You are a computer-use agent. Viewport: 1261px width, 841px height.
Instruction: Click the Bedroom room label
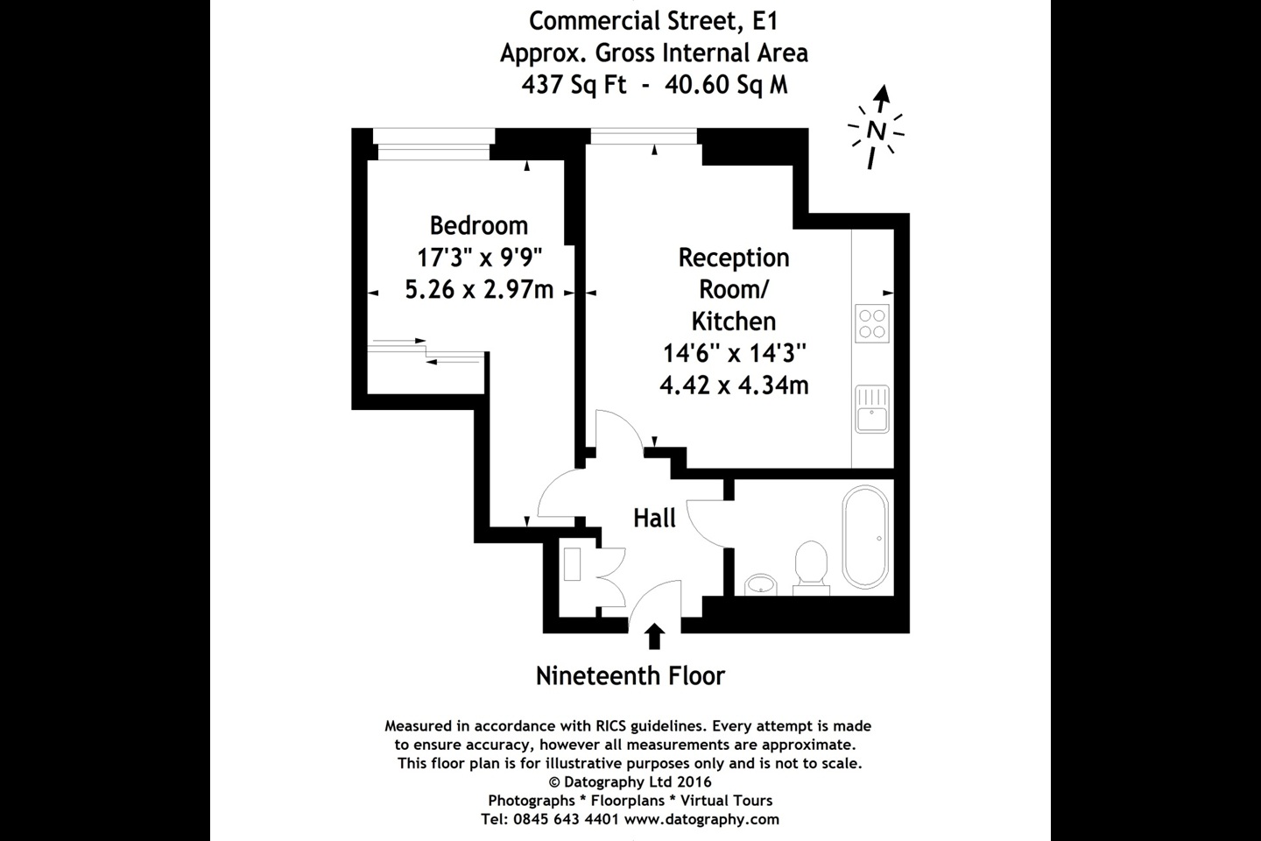[479, 226]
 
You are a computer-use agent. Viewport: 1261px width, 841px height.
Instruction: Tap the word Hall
[655, 519]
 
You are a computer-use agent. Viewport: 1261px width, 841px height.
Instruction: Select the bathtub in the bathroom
[864, 537]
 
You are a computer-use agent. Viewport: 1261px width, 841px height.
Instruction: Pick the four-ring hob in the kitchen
[872, 322]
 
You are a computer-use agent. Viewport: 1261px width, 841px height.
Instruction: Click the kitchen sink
[872, 409]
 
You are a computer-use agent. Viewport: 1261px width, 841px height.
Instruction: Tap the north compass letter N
[875, 131]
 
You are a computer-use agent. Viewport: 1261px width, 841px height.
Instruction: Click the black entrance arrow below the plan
[654, 637]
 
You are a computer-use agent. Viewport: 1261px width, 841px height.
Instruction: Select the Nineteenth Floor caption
[630, 676]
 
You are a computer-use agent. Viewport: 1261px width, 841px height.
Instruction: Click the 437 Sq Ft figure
[574, 86]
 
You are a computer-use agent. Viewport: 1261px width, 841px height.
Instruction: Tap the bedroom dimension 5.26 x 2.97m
[479, 289]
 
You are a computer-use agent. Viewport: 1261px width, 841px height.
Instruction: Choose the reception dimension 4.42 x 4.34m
[734, 385]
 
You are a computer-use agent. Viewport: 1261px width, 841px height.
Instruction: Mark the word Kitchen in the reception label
[734, 321]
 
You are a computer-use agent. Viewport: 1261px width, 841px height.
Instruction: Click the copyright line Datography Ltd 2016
[630, 781]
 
